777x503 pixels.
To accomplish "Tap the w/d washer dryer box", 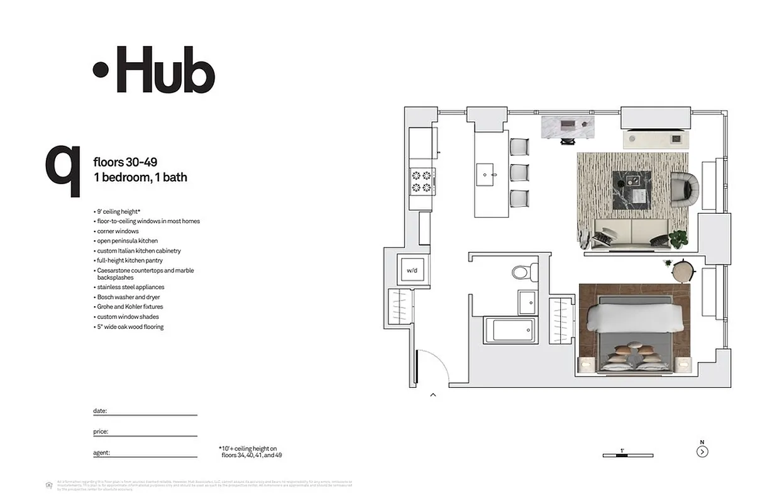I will [412, 270].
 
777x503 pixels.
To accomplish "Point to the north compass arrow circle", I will [702, 451].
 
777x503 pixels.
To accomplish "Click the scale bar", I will [627, 455].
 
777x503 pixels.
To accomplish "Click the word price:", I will [101, 432].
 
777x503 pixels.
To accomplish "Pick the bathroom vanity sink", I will [527, 302].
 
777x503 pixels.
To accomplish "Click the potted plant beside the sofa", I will [678, 238].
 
